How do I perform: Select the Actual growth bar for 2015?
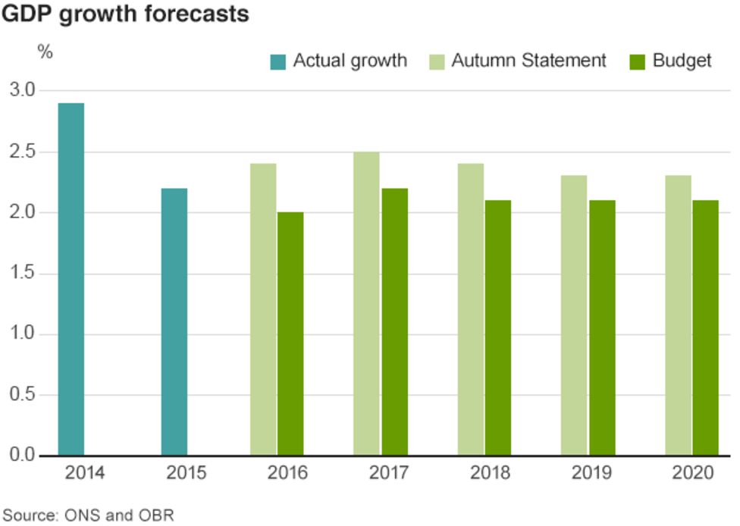(x=174, y=321)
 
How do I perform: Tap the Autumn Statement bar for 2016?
(x=263, y=309)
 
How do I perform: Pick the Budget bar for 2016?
(x=290, y=333)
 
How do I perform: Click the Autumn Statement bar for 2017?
(x=366, y=303)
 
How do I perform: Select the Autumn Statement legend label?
(x=528, y=61)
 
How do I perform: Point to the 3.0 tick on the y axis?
(x=23, y=90)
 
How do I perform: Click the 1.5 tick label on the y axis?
(x=23, y=273)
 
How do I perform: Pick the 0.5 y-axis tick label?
(x=23, y=395)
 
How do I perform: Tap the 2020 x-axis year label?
(x=693, y=474)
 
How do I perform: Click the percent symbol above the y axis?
(x=45, y=52)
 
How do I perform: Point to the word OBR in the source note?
(x=157, y=515)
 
